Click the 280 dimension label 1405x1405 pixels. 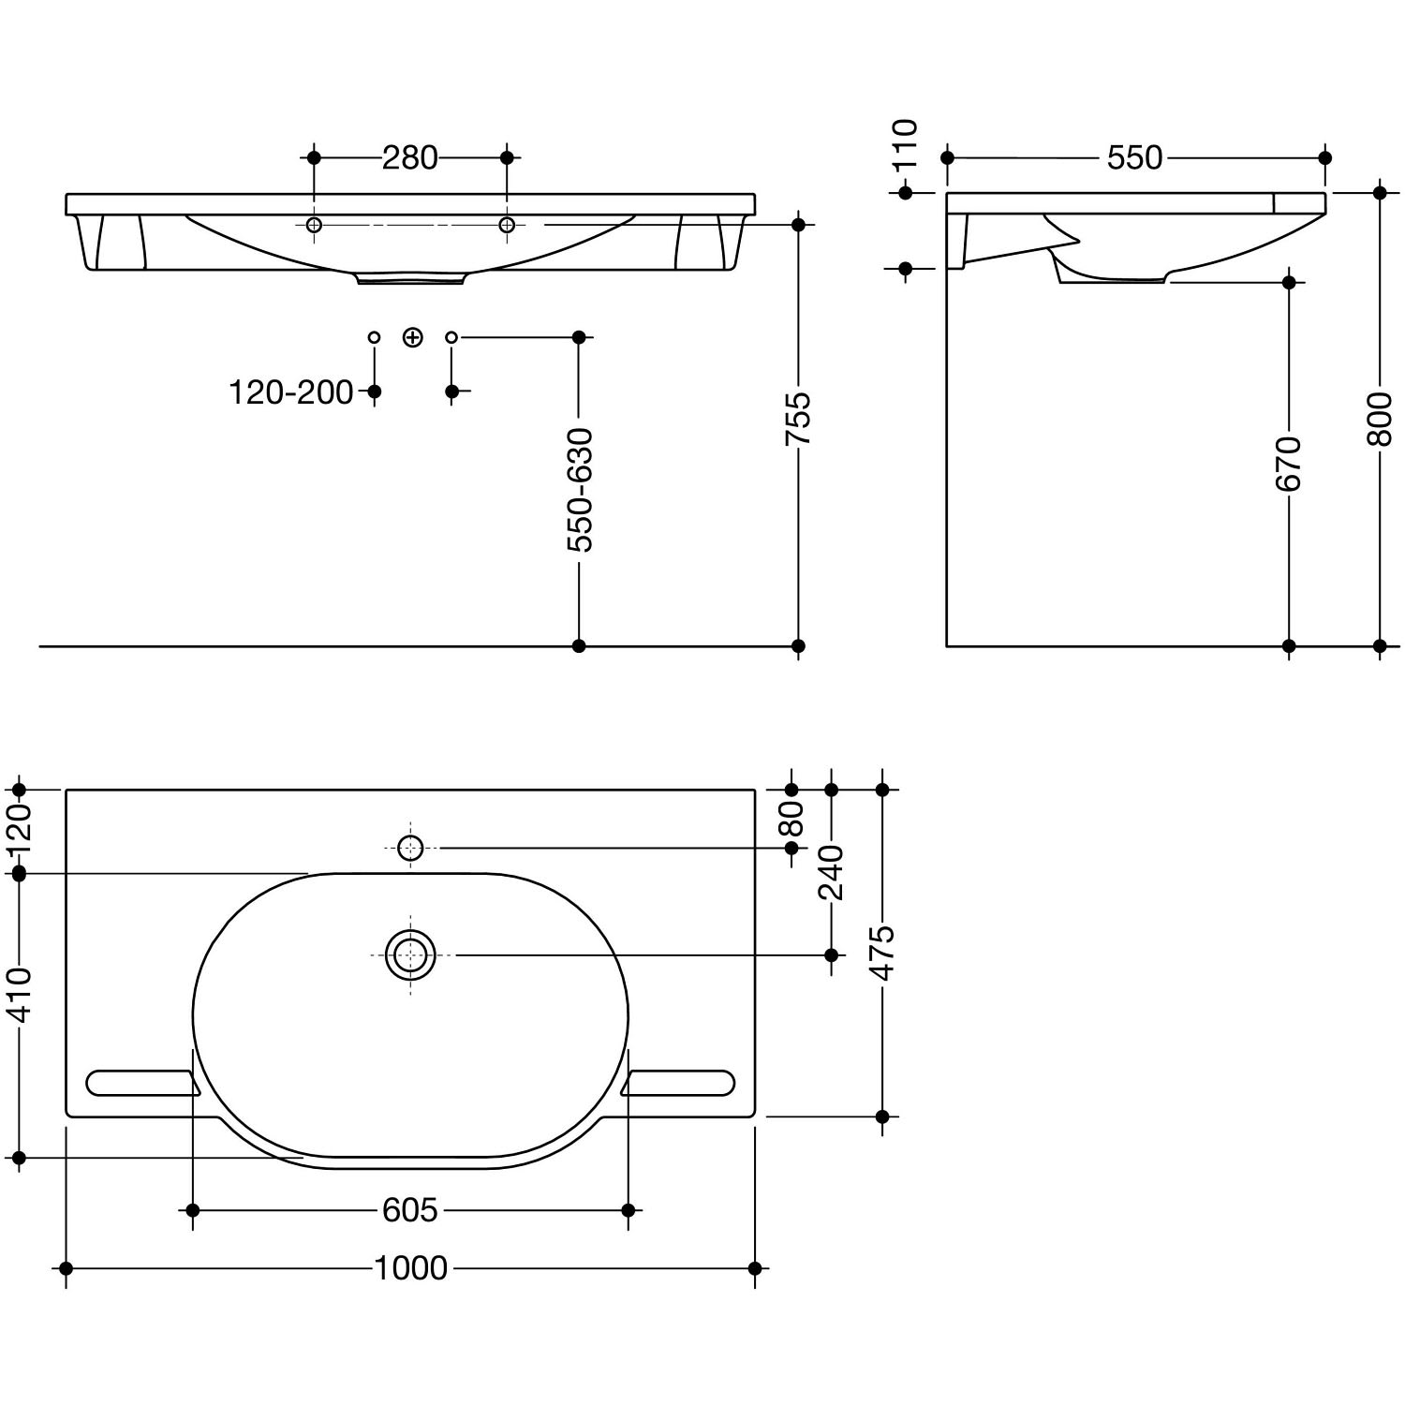[x=410, y=158]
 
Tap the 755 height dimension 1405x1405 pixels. [x=798, y=419]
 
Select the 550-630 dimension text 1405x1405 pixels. [x=580, y=490]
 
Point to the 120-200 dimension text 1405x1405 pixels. [x=291, y=392]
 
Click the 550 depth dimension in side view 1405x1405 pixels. [x=1134, y=158]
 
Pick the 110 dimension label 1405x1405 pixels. [x=905, y=145]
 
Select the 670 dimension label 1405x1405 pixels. [x=1289, y=464]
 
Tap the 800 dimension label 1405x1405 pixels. [x=1380, y=419]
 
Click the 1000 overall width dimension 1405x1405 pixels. [x=410, y=1268]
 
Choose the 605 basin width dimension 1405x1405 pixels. [x=410, y=1211]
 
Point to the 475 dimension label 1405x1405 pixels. [x=882, y=954]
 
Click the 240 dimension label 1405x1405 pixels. [x=832, y=872]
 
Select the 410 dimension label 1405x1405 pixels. [x=20, y=995]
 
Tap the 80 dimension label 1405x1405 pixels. [x=792, y=819]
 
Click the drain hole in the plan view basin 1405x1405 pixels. [x=410, y=955]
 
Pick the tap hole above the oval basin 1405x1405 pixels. [x=410, y=849]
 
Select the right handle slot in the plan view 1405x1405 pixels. [x=678, y=1083]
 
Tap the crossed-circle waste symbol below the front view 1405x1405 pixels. [x=412, y=337]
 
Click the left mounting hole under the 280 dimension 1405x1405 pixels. [x=314, y=225]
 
